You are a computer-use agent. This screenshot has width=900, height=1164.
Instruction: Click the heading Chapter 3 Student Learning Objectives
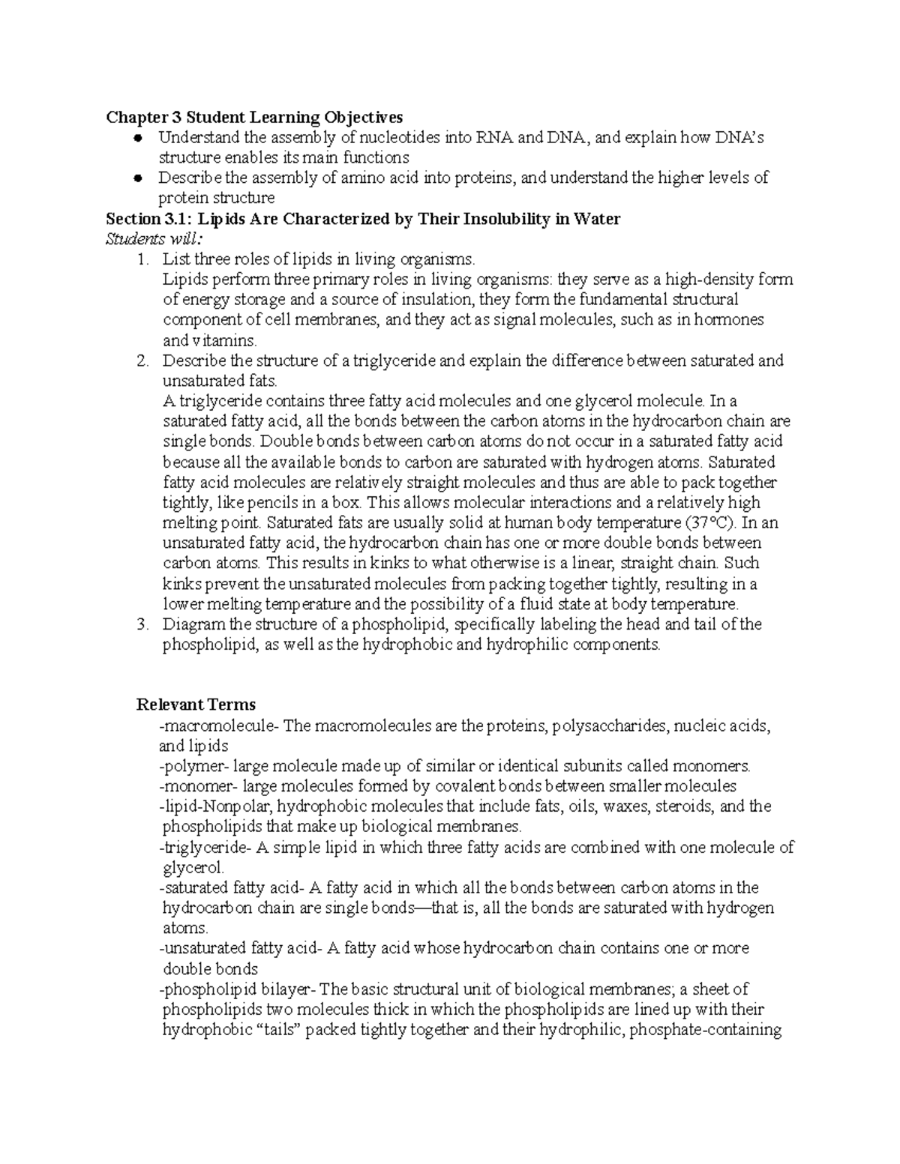254,117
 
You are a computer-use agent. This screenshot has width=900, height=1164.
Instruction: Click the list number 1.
142,259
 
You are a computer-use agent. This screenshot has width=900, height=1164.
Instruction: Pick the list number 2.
142,361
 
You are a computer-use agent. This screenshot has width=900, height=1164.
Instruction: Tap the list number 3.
142,624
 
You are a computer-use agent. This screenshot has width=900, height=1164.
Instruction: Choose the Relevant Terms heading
196,705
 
